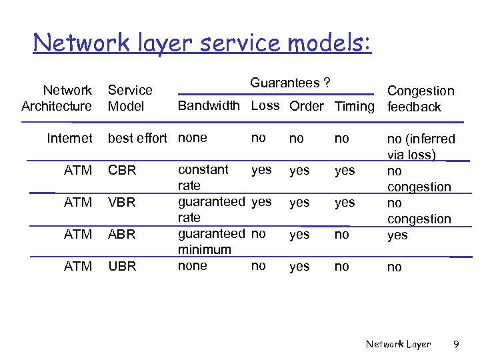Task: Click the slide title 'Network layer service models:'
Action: pos(202,43)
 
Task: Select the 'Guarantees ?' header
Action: pos(290,83)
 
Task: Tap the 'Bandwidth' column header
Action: pos(209,106)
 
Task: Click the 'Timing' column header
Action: pos(355,107)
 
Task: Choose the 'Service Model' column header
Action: pos(130,98)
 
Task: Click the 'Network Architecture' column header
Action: pos(57,98)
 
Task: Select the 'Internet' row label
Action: pos(69,138)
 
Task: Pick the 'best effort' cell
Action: pos(137,138)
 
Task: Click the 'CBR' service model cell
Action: pos(122,171)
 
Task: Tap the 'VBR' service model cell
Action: pos(122,203)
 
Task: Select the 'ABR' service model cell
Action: pos(122,235)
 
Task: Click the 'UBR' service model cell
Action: pos(122,267)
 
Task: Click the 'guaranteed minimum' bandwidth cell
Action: pos(211,241)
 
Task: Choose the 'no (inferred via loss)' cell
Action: pos(421,147)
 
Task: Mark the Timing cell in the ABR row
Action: pos(342,234)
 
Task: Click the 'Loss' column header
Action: pos(265,106)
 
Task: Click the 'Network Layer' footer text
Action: pos(398,345)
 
